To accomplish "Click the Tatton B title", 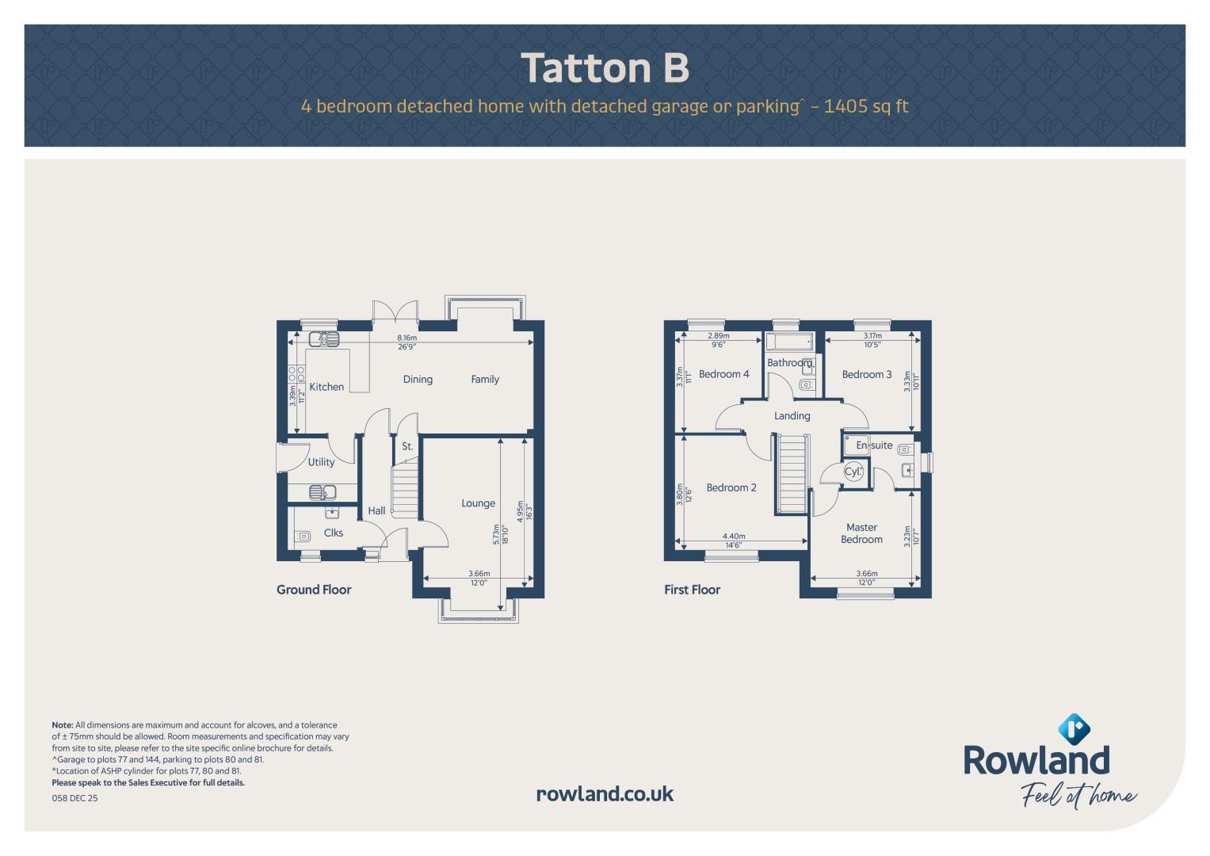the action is (605, 68).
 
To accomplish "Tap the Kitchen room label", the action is (326, 387).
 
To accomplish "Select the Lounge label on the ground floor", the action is (478, 503).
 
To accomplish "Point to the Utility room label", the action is (321, 462).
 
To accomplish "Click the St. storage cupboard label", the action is (407, 446).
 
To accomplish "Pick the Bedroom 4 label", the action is (723, 374).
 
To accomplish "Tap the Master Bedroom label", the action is (861, 533).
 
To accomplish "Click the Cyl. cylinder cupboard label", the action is (853, 472).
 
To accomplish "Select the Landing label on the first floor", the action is (792, 416).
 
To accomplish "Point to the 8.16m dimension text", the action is (407, 338).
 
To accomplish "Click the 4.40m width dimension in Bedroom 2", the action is (734, 537).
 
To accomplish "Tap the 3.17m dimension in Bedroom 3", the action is (872, 335).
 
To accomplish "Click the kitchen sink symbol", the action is (324, 339).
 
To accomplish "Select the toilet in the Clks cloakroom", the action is (303, 537).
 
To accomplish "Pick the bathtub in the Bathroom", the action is (789, 342).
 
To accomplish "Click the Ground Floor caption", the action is (314, 590).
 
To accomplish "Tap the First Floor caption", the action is (692, 590).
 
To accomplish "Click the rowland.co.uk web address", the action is (605, 794).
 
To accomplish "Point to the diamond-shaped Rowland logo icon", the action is (1074, 729).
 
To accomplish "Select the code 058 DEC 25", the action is (74, 798).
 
